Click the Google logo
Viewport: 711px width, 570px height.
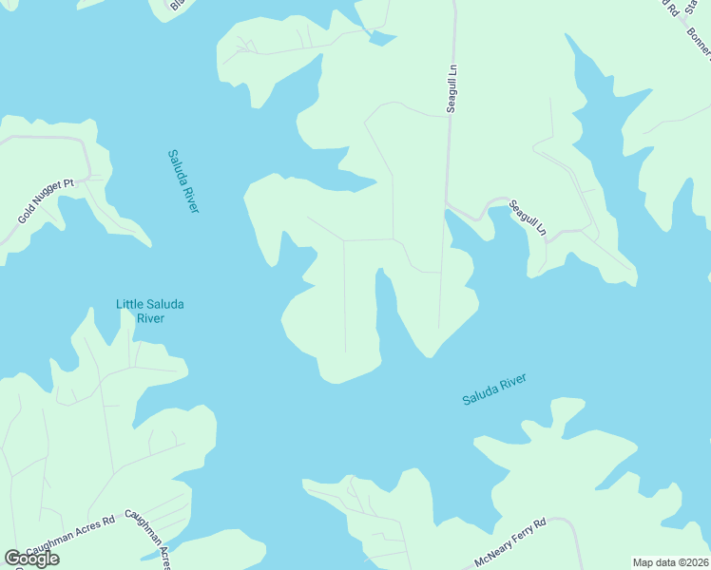[32, 559]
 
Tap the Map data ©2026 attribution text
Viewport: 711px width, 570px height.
[670, 562]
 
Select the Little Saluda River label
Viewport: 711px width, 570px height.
[150, 311]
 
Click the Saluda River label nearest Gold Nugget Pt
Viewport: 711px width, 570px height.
[183, 180]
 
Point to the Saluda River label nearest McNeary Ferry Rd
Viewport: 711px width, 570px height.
[494, 389]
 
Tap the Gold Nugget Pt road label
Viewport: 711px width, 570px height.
[46, 201]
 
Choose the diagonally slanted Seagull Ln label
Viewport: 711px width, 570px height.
[528, 217]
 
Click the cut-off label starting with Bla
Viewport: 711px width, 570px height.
[178, 7]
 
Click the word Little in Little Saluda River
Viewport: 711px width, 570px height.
[132, 304]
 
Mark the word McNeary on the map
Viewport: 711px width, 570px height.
[490, 555]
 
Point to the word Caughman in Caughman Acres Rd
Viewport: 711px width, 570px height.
[48, 544]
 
